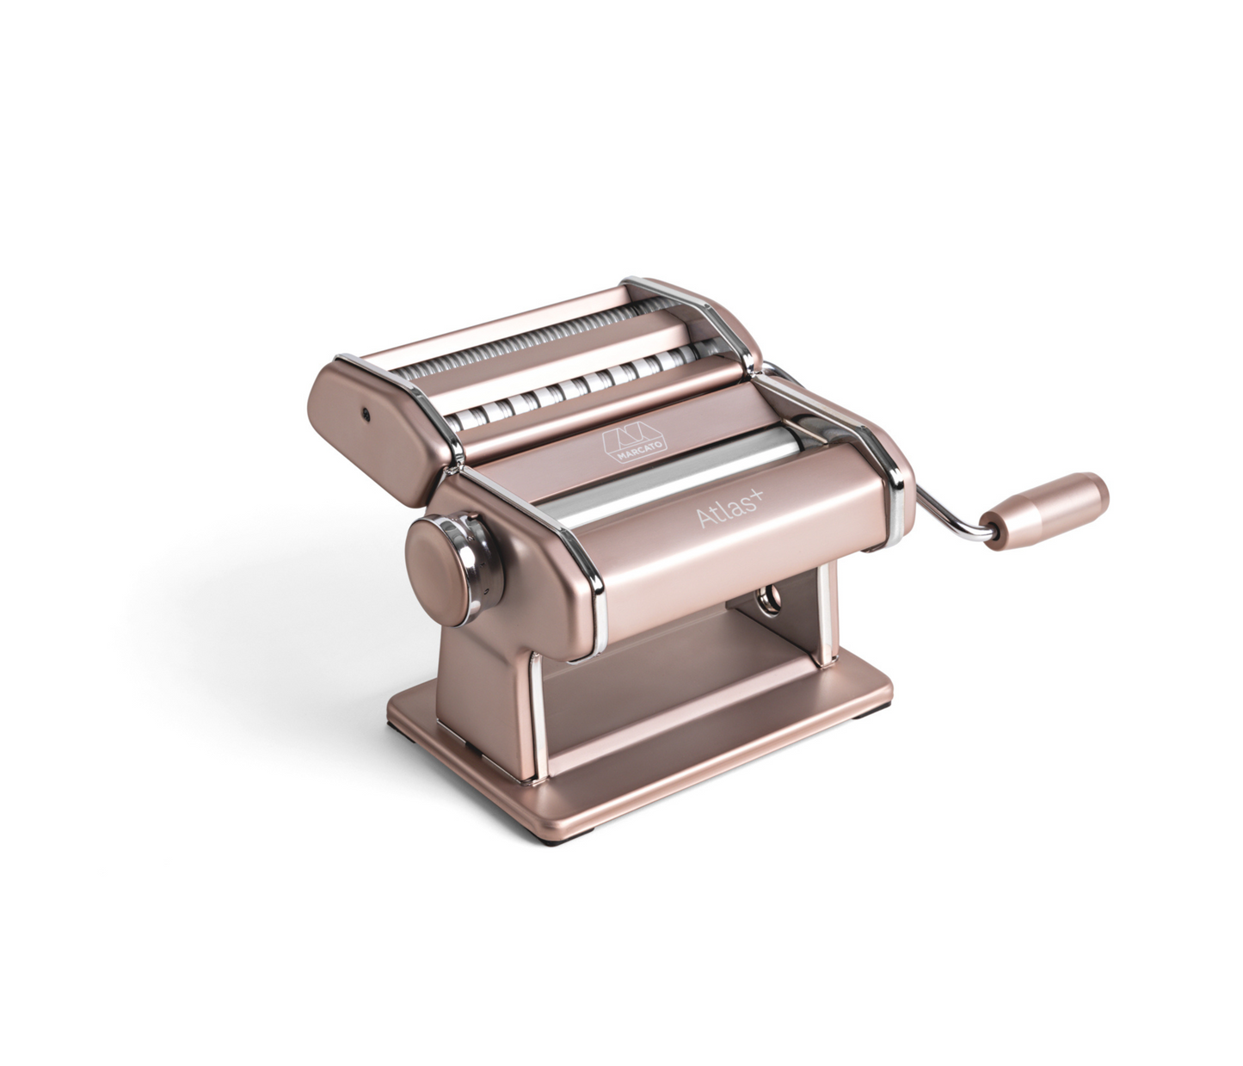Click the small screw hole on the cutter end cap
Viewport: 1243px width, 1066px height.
(x=365, y=412)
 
